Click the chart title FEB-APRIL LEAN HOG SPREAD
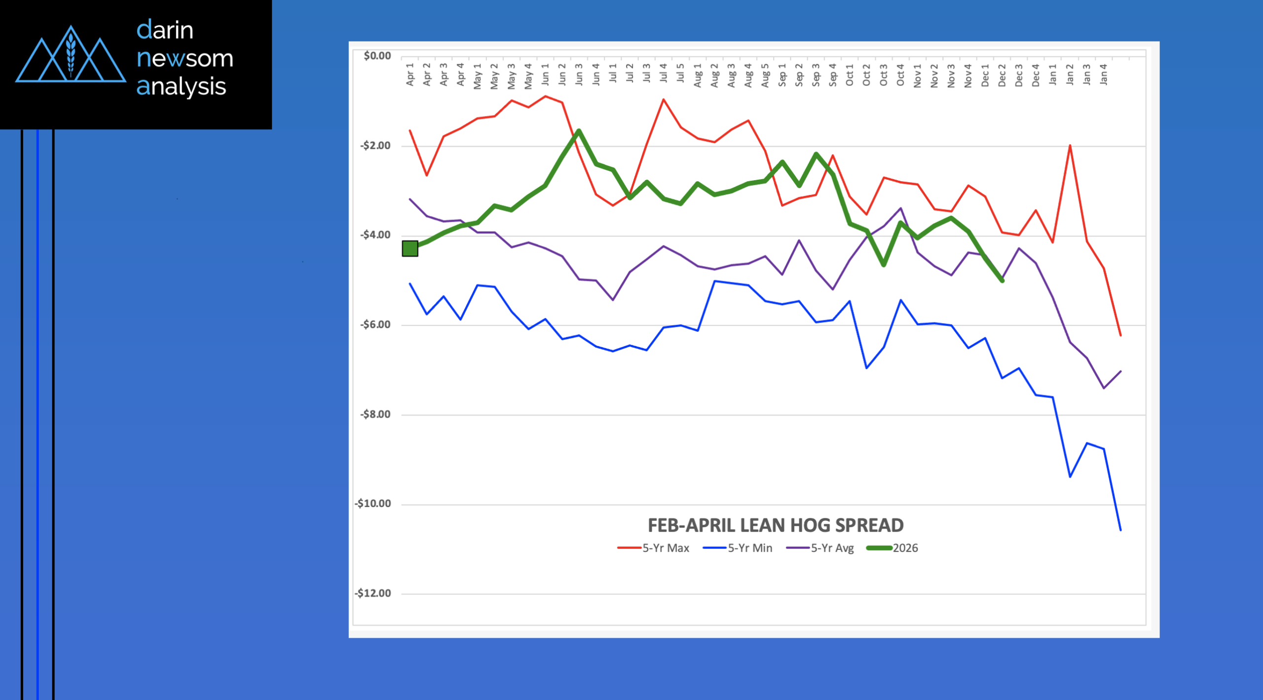tap(775, 525)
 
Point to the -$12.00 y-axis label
tap(373, 593)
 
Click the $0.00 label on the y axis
tap(377, 56)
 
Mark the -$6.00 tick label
tap(375, 324)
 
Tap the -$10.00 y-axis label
tap(373, 504)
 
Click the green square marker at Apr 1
tap(410, 248)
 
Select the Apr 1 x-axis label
tap(410, 75)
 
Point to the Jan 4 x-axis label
tap(1103, 75)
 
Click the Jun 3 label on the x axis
tap(579, 75)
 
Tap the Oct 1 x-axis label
tap(849, 75)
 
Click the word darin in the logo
tap(165, 30)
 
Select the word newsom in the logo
tap(185, 58)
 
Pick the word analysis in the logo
tap(181, 87)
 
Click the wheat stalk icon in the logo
tap(71, 53)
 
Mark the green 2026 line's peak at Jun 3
tap(579, 130)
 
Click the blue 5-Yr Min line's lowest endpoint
tap(1120, 530)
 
